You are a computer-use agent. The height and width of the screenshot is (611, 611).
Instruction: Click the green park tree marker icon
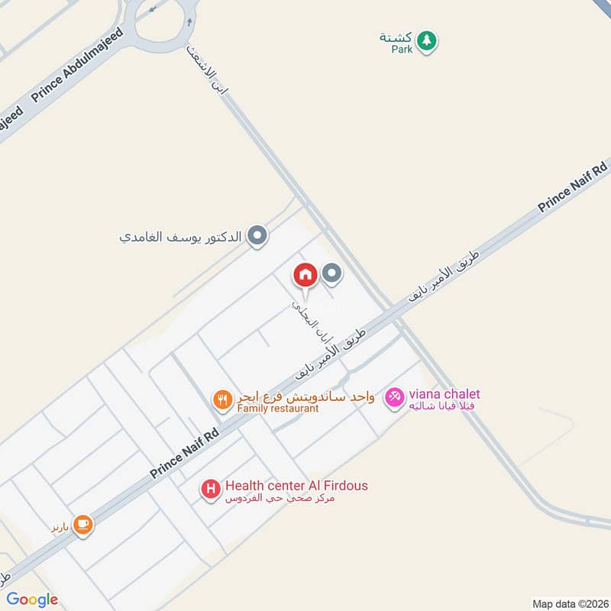click(428, 40)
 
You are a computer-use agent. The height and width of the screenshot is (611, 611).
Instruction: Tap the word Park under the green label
click(402, 49)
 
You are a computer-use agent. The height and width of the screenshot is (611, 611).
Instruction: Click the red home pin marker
click(305, 275)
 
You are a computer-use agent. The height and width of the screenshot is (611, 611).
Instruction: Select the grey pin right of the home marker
click(331, 273)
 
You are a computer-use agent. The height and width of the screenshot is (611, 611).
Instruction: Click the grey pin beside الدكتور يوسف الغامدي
click(258, 237)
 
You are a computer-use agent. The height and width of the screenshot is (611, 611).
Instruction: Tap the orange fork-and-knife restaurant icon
click(222, 399)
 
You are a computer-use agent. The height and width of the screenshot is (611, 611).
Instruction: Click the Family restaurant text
click(277, 409)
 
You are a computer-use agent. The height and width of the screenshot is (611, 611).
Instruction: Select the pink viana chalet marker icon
click(394, 398)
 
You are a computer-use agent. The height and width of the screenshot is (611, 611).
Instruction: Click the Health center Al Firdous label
click(296, 486)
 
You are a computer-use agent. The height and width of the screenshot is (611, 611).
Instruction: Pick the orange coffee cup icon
click(82, 525)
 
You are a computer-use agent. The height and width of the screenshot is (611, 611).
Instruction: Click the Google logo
click(32, 600)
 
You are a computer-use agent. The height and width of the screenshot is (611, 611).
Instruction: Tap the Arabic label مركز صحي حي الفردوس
click(280, 499)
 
